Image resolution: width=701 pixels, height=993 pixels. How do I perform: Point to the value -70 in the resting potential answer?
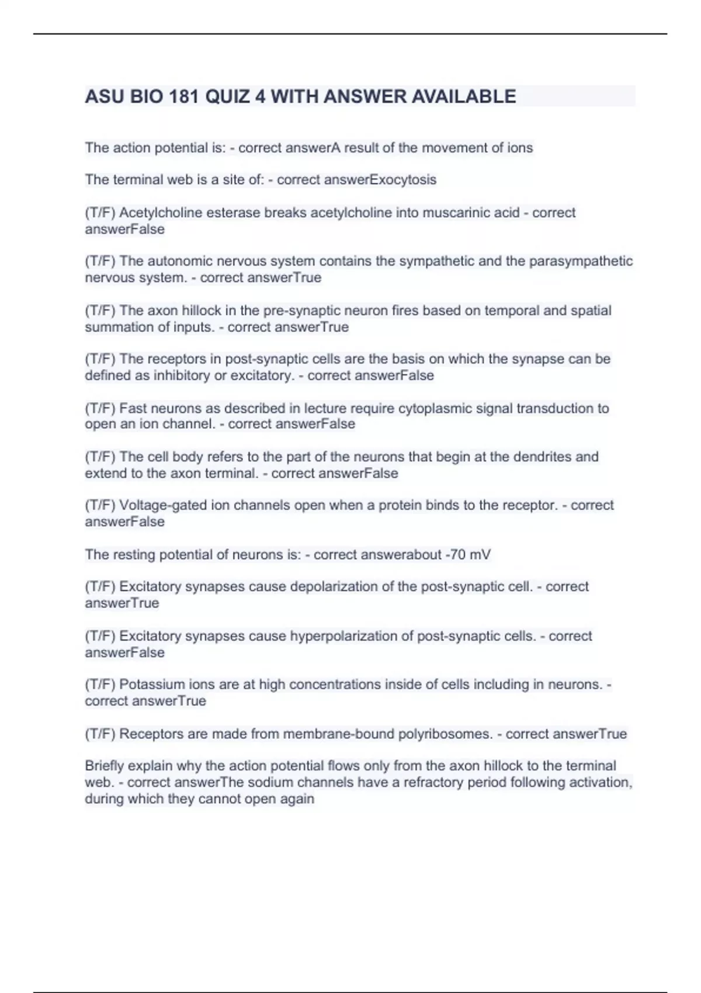(455, 554)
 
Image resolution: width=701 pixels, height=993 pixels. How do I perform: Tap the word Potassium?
(148, 684)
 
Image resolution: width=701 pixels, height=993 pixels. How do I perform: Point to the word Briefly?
(104, 766)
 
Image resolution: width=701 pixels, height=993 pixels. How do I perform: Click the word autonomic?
(179, 261)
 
